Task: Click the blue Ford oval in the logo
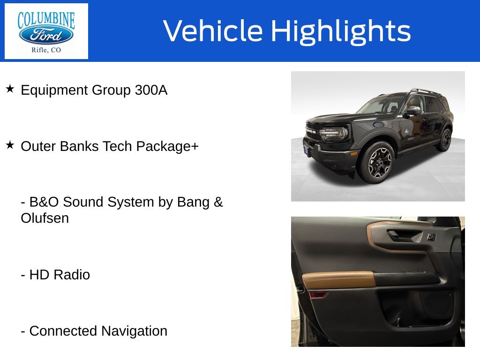tap(46, 35)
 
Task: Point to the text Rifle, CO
tap(46, 50)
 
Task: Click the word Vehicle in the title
tap(213, 30)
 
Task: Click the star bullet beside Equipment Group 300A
tap(10, 89)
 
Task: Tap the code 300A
tap(151, 90)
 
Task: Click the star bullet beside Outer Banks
tap(10, 145)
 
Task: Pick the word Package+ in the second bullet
tap(167, 146)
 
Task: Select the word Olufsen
tap(45, 218)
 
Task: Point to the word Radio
tap(72, 275)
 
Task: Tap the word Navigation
tap(134, 331)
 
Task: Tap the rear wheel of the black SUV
tap(445, 140)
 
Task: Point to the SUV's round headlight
tap(343, 133)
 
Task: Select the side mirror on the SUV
tap(413, 111)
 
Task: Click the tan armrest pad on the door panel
tap(338, 279)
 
